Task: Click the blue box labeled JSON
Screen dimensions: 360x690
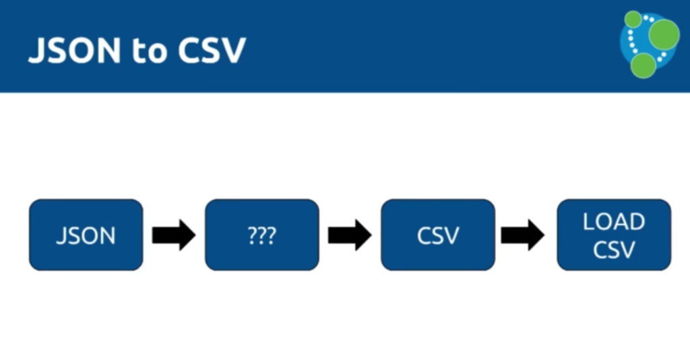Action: tap(86, 235)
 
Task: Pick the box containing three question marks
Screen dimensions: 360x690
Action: tap(261, 235)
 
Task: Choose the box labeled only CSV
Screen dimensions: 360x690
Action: tap(438, 235)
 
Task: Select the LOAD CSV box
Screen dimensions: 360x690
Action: tap(614, 235)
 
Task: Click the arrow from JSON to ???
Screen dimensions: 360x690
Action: tap(174, 235)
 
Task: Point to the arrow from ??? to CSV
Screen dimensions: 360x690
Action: tap(350, 235)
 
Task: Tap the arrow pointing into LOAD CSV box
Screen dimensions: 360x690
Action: tap(523, 235)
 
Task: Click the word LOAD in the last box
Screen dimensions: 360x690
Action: tap(614, 222)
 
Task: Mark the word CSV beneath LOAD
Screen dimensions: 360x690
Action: tap(614, 249)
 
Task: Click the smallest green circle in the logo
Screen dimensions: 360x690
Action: tap(633, 19)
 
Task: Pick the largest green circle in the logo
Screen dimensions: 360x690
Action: tap(664, 32)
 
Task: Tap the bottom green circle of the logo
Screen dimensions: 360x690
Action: tap(644, 65)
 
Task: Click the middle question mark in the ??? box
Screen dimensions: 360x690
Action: tap(262, 236)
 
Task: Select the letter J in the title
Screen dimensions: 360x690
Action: tap(35, 51)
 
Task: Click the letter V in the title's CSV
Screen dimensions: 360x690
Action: tap(232, 51)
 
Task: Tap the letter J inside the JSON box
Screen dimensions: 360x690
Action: tap(61, 237)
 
